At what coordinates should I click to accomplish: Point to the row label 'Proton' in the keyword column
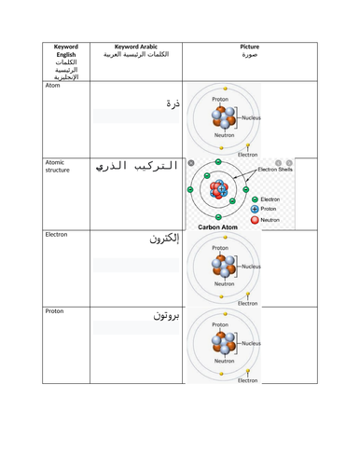pos(55,311)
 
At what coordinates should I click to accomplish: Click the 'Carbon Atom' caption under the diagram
pos(220,226)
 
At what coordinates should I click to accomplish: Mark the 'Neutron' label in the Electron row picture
pos(224,283)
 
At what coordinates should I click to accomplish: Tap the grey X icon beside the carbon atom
pos(191,164)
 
